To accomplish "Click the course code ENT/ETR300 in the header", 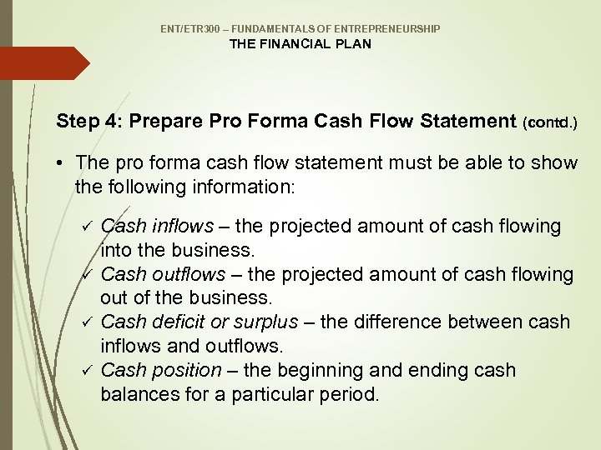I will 189,29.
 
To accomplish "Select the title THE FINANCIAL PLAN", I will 300,44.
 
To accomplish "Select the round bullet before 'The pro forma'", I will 63,163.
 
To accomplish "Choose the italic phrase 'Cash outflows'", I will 163,274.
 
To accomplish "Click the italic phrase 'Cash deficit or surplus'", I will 199,322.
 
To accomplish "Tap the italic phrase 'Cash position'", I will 161,369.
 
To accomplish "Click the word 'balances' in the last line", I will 137,393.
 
